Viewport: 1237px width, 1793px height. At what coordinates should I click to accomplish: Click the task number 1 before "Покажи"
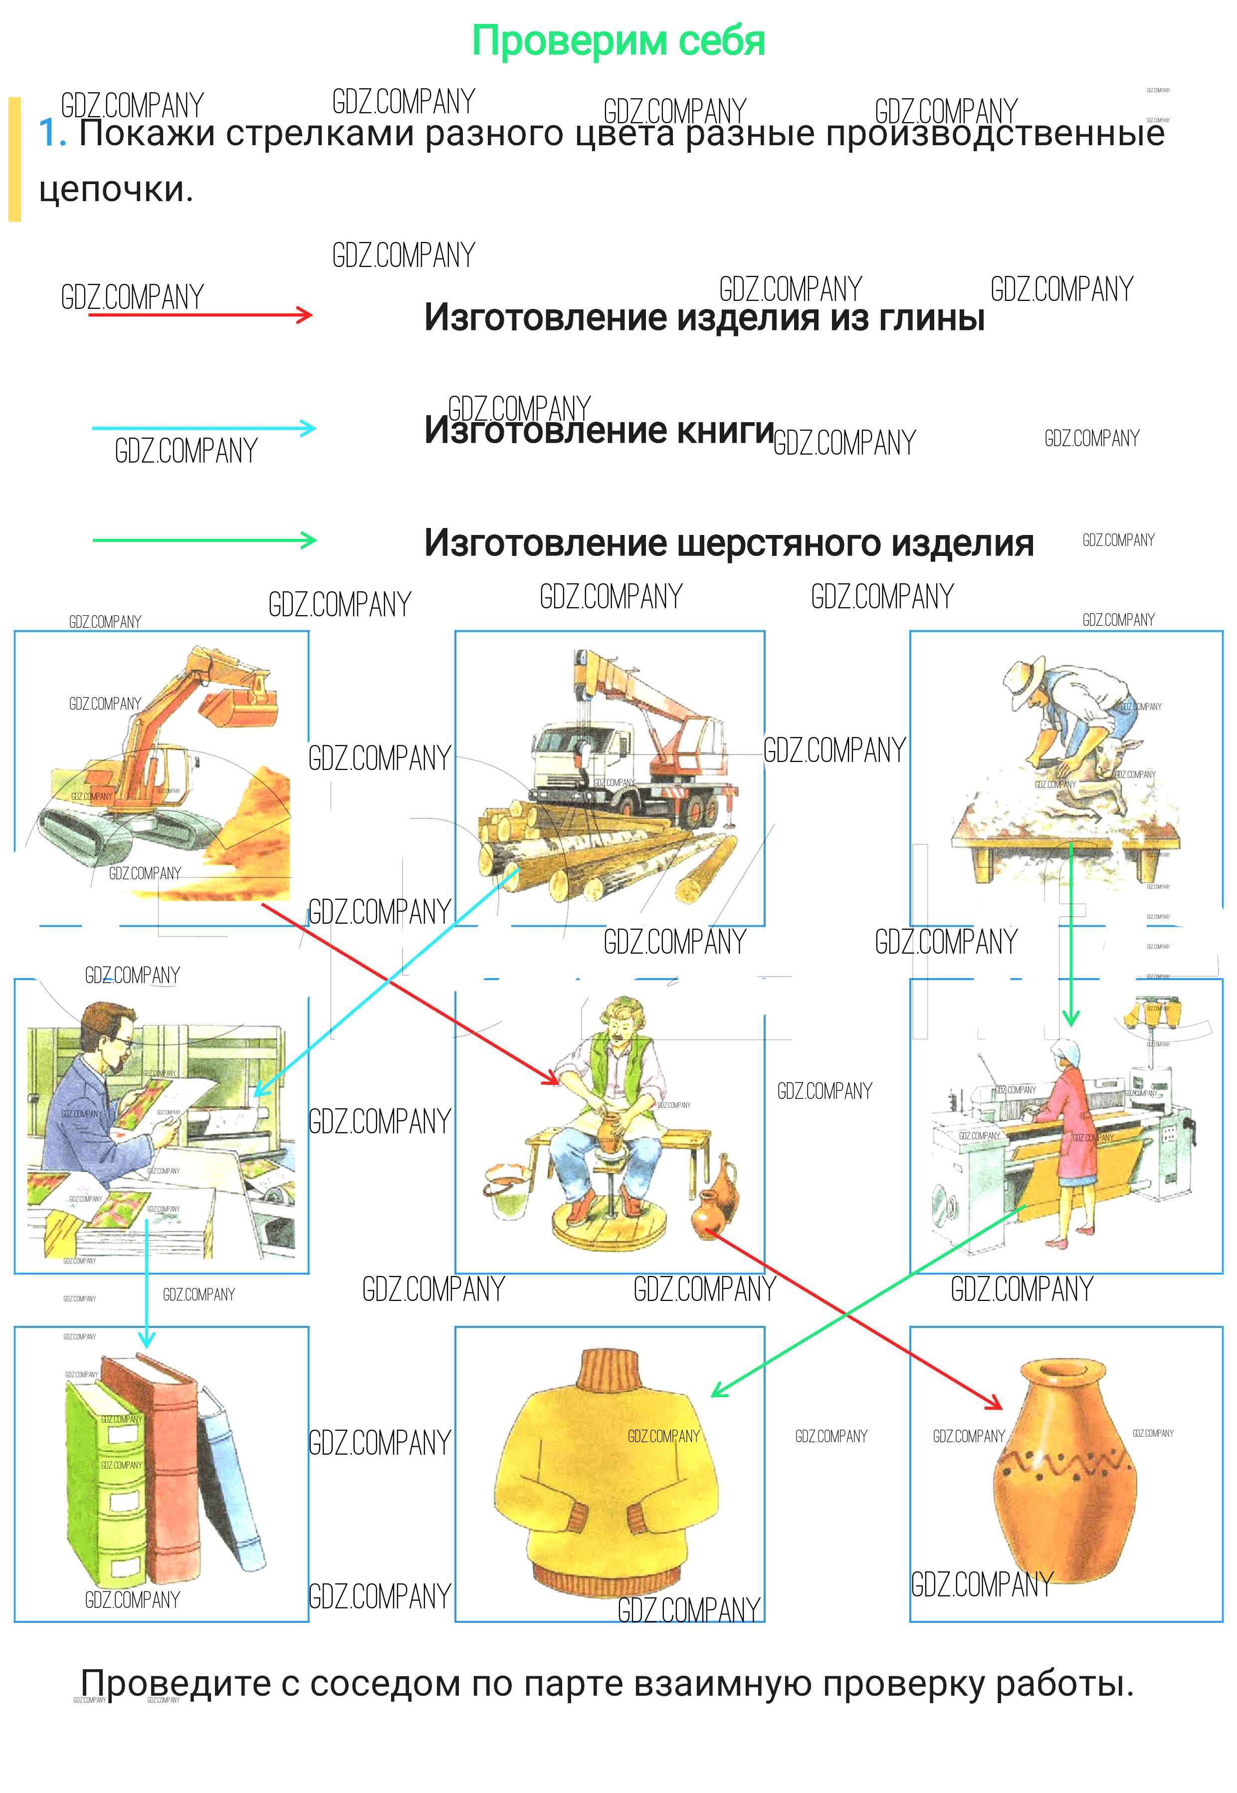51,133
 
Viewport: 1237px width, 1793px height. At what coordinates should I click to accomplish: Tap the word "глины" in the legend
931,317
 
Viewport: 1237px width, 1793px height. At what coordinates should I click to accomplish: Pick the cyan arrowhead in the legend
308,428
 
